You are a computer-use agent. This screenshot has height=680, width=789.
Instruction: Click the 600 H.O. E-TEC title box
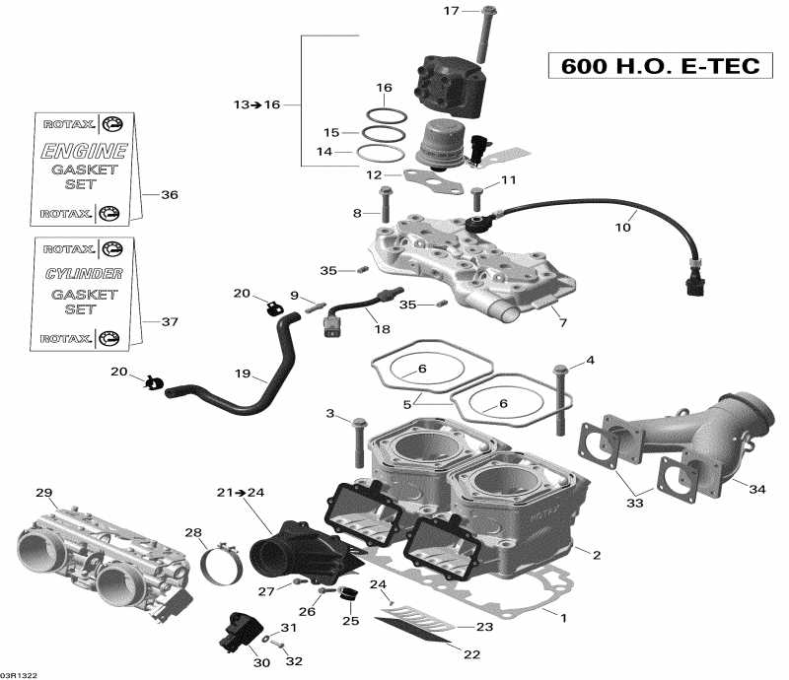point(660,67)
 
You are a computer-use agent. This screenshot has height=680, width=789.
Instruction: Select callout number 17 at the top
point(451,12)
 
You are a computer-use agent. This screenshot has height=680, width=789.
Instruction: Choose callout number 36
point(170,195)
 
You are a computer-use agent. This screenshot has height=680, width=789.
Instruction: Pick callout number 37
point(170,322)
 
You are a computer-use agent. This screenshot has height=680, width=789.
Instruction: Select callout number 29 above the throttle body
point(42,492)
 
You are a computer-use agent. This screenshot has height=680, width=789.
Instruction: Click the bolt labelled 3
point(359,440)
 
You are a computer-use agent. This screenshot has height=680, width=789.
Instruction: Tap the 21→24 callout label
point(242,492)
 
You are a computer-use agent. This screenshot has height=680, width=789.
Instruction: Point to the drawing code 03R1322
point(20,674)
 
